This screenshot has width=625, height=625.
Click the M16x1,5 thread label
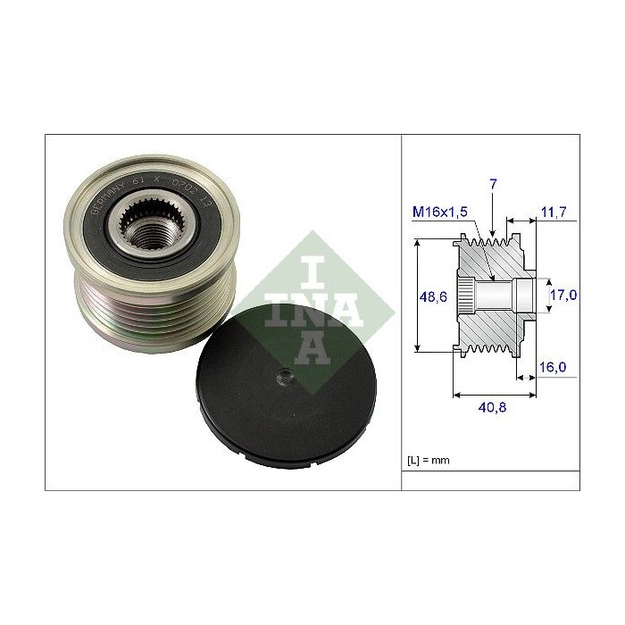tap(441, 212)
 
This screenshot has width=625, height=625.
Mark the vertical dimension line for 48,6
tap(418, 295)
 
